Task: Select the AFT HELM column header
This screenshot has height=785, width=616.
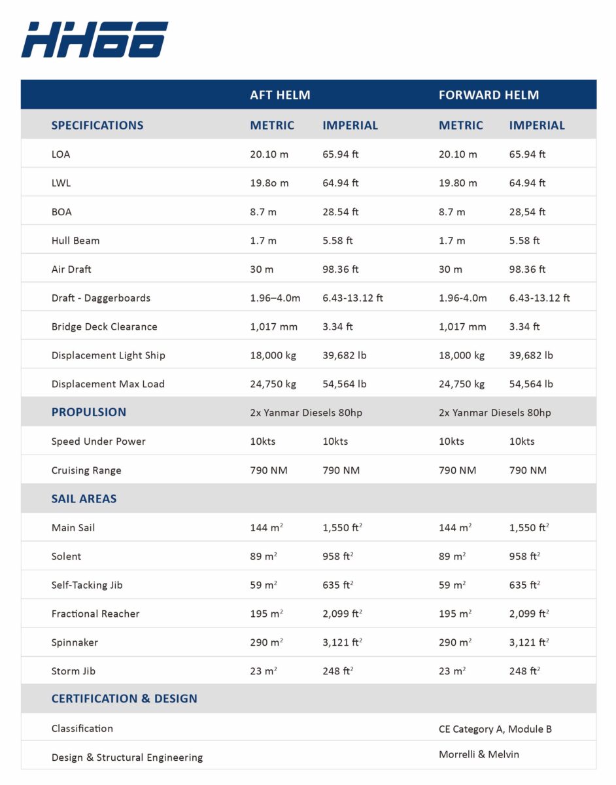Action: tap(280, 95)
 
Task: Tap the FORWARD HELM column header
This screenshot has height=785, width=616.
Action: tap(488, 95)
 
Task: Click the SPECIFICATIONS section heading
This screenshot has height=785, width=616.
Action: tap(97, 125)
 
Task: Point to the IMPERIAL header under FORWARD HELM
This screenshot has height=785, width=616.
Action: tap(538, 125)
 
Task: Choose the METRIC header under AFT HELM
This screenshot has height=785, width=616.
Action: tap(272, 125)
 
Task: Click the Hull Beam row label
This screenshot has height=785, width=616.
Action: tap(75, 241)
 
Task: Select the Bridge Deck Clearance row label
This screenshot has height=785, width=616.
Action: tap(104, 326)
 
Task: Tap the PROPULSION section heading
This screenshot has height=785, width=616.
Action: tap(88, 412)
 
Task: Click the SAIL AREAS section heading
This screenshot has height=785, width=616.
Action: tap(84, 498)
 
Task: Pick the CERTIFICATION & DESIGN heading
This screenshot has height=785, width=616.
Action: tap(124, 699)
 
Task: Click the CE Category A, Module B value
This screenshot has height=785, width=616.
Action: tap(495, 729)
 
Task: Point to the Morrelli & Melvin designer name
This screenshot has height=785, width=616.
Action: tap(479, 754)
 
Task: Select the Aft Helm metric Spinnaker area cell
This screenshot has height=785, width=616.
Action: tap(266, 642)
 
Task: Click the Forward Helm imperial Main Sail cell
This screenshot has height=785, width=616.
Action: tap(528, 527)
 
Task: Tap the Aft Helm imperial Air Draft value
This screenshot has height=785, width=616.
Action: tap(341, 270)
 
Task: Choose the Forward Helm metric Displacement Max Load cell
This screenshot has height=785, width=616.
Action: tap(461, 384)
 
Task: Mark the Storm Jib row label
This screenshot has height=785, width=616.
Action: tap(73, 671)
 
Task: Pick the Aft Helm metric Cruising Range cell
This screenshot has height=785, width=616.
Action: tap(268, 470)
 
